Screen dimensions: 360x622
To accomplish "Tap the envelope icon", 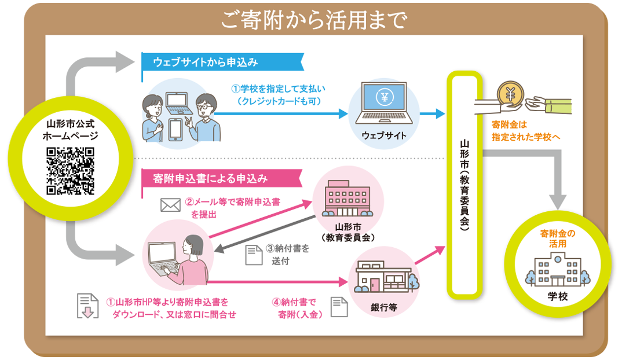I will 170,204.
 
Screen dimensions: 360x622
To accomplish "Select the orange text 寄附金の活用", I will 558,238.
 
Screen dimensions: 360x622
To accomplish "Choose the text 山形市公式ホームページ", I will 70,130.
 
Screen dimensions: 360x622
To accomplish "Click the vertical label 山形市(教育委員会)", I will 464,184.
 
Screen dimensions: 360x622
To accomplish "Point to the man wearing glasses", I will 204,116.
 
